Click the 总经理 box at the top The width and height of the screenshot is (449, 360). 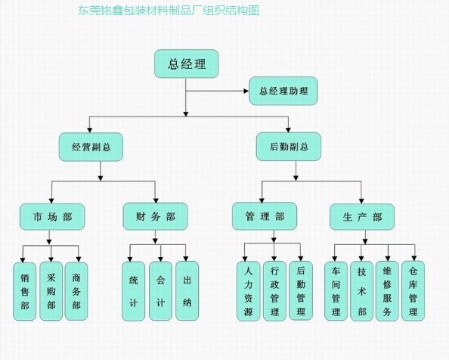186,64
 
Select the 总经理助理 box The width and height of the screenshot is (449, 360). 283,92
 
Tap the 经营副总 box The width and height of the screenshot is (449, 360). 91,146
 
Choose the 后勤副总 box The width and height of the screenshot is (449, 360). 289,146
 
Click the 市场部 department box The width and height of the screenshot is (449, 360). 51,217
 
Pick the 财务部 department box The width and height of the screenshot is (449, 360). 154,217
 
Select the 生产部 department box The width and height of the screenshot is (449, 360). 361,218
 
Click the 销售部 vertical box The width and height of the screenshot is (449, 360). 25,291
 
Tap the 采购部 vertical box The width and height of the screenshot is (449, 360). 51,291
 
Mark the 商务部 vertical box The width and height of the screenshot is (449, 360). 76,291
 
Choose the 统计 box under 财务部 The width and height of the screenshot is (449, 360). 134,291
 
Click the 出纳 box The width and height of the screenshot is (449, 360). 187,291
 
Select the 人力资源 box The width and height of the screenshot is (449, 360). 248,291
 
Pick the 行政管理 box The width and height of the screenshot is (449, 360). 274,291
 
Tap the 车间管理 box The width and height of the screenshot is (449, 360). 336,291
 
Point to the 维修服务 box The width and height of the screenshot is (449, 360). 387,291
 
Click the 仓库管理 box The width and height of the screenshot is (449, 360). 413,291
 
